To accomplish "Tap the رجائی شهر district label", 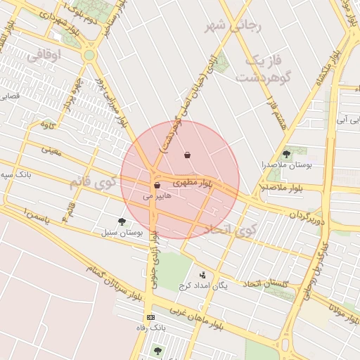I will pyautogui.click(x=233, y=27).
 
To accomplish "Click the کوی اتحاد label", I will pyautogui.click(x=232, y=230).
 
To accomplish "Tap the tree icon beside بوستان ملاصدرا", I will pyautogui.click(x=286, y=154).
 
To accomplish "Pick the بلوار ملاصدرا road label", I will pyautogui.click(x=281, y=188).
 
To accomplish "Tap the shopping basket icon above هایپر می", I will pyautogui.click(x=157, y=186).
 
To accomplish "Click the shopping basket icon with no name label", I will pyautogui.click(x=187, y=155).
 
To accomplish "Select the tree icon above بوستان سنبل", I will pyautogui.click(x=122, y=221).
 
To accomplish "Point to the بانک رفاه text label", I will pyautogui.click(x=151, y=328).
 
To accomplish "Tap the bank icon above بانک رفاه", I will pyautogui.click(x=150, y=318).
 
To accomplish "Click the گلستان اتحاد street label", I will pyautogui.click(x=266, y=283).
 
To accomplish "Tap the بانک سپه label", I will pyautogui.click(x=15, y=174).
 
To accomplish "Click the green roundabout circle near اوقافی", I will pyautogui.click(x=89, y=55).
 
